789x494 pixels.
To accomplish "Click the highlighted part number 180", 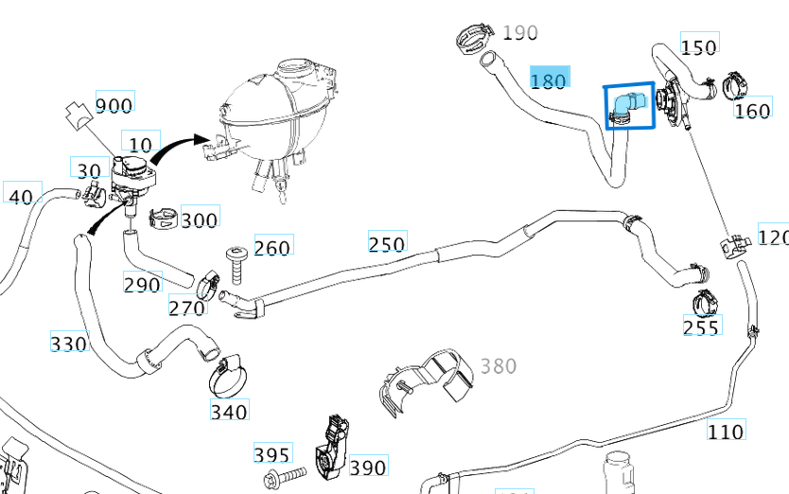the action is pyautogui.click(x=550, y=79).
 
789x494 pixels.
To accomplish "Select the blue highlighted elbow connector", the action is pyautogui.click(x=625, y=107).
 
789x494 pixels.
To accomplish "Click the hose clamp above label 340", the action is pyautogui.click(x=227, y=378).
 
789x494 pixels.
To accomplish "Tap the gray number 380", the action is pyautogui.click(x=499, y=366).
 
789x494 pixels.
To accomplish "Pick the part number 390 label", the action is pyautogui.click(x=368, y=467).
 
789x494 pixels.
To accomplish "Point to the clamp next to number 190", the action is pyautogui.click(x=475, y=37).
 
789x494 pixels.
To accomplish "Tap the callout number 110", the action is pyautogui.click(x=727, y=430).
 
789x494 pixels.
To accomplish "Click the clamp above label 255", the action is pyautogui.click(x=705, y=302).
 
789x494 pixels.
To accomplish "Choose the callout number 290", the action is pyautogui.click(x=143, y=283).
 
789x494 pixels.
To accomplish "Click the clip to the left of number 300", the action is pyautogui.click(x=164, y=218).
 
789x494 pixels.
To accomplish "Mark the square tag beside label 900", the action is pyautogui.click(x=79, y=115).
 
